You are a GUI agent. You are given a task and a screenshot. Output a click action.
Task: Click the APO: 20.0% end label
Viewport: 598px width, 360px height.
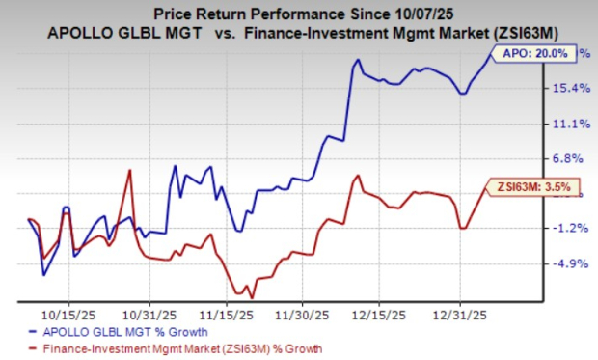point(527,55)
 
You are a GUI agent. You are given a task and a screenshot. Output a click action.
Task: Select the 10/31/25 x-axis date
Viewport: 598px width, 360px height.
point(148,314)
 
